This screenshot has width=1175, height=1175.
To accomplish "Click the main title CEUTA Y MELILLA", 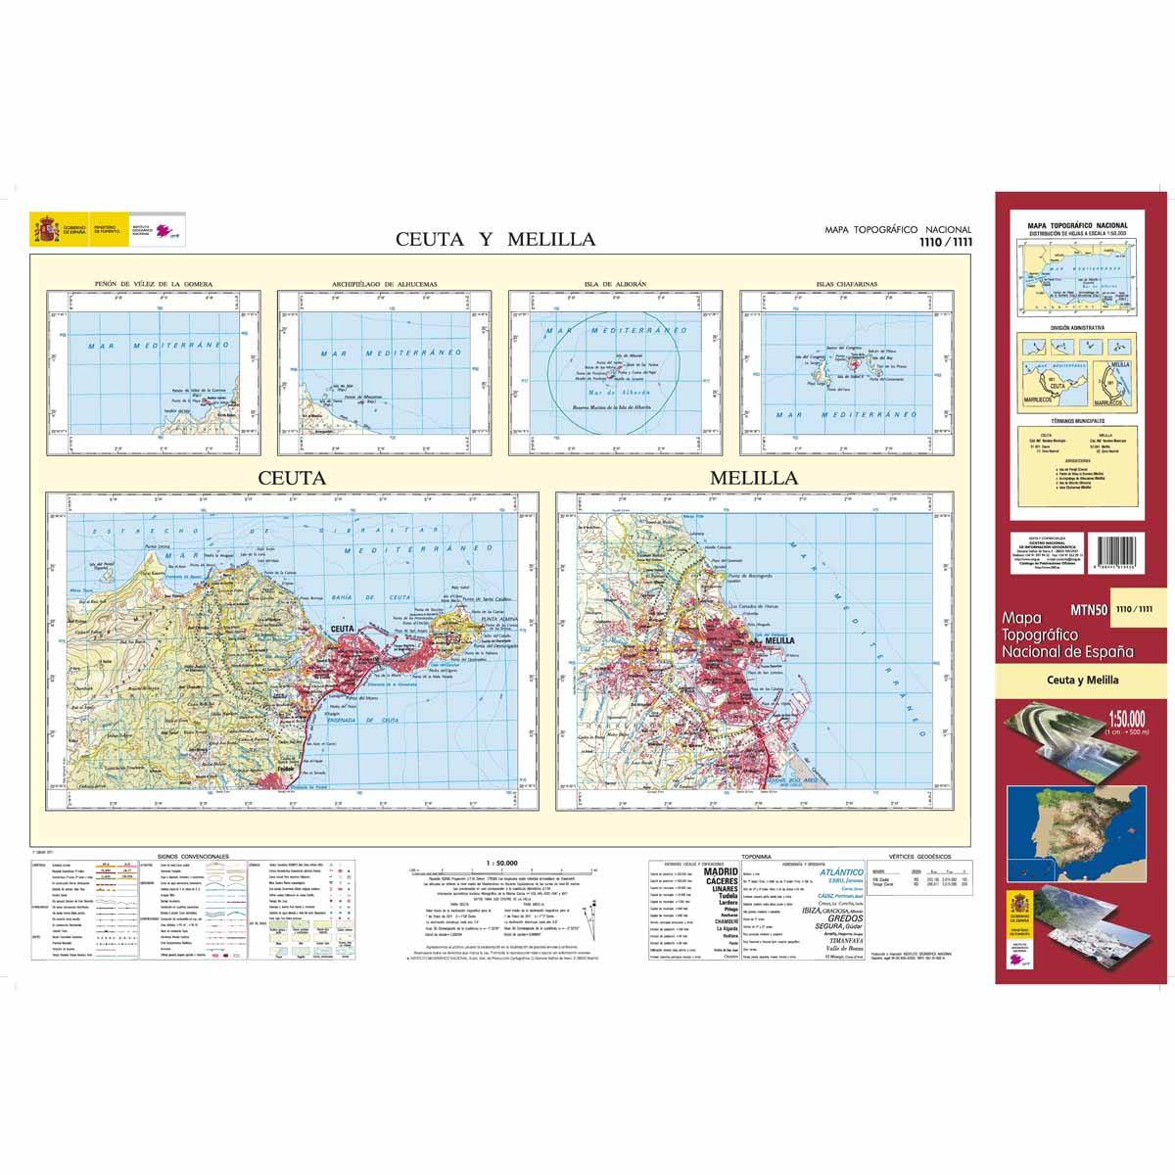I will tap(494, 239).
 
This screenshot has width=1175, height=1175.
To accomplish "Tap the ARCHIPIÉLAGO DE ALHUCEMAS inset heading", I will tap(384, 285).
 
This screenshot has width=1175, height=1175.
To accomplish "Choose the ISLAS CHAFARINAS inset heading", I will tap(846, 285).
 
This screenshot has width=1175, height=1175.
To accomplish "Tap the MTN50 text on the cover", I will tap(1088, 609).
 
